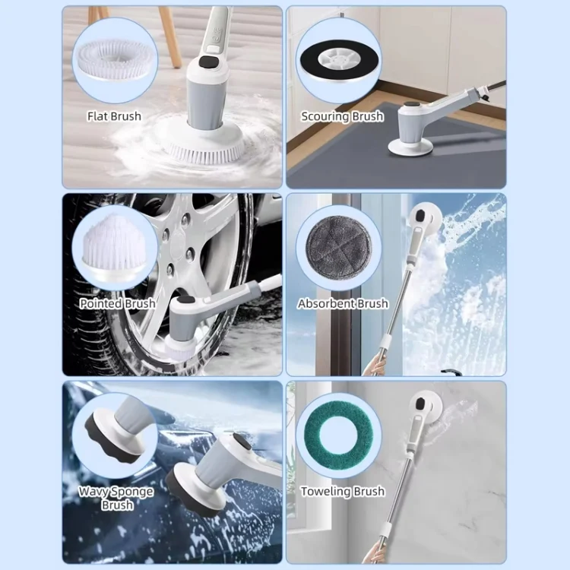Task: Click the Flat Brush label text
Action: pyautogui.click(x=114, y=116)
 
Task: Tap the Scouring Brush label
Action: pyautogui.click(x=342, y=116)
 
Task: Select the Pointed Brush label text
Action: pyautogui.click(x=117, y=303)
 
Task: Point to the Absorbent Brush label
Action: pyautogui.click(x=343, y=303)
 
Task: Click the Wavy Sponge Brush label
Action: pyautogui.click(x=116, y=498)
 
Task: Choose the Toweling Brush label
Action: pyautogui.click(x=343, y=492)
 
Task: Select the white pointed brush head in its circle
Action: pyautogui.click(x=114, y=247)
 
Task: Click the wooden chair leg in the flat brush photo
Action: pyautogui.click(x=170, y=36)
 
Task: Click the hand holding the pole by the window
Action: pyautogui.click(x=373, y=365)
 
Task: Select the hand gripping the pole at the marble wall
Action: pyautogui.click(x=372, y=553)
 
